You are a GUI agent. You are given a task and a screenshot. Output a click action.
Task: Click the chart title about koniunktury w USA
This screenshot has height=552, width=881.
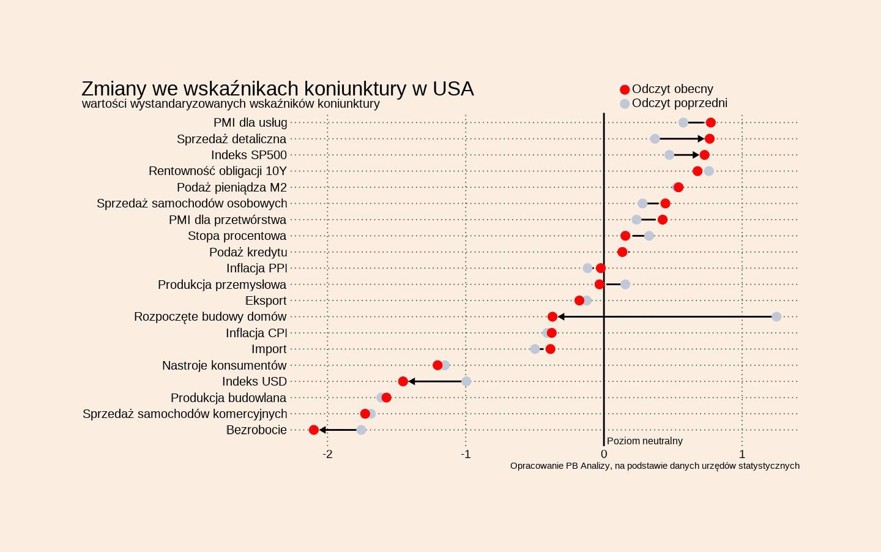pos(277,89)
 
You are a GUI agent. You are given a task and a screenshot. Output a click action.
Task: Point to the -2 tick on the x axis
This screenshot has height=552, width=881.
pos(328,454)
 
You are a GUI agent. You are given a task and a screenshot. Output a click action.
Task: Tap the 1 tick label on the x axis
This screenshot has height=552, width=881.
pos(742,454)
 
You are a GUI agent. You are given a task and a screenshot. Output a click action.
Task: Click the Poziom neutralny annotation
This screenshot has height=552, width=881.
pos(644,441)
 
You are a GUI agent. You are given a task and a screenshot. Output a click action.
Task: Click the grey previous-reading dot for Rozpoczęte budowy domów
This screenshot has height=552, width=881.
pos(776,316)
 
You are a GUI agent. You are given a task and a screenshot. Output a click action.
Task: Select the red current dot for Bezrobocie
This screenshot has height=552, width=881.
pos(314,430)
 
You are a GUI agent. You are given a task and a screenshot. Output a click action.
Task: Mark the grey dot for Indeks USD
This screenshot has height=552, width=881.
pos(466,381)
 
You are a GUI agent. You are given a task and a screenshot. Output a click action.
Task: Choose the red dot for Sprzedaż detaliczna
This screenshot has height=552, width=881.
pos(710,139)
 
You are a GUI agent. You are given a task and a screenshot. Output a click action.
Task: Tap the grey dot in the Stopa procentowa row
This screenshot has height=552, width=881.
pos(649,236)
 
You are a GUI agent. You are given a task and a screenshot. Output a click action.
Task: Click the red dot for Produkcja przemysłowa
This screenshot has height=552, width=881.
pos(600,284)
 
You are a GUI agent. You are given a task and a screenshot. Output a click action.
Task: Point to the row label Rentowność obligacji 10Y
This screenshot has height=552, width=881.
pos(217,171)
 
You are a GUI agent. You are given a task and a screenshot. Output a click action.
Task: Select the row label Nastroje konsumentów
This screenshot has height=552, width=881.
pos(224,365)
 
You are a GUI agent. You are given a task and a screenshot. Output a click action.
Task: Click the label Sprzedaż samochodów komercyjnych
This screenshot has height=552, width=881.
pos(185,414)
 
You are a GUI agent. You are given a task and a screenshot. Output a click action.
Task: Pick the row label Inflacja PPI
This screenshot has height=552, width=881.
pos(256,268)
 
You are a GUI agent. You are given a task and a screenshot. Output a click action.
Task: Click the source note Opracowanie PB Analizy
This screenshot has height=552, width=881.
pos(655,466)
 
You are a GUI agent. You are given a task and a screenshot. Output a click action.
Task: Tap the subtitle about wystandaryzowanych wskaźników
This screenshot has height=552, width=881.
pos(231,104)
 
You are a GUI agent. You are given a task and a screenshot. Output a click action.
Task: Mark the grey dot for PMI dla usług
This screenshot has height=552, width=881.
pos(683,122)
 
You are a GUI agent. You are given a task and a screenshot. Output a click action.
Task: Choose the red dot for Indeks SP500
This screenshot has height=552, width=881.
pos(705,155)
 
